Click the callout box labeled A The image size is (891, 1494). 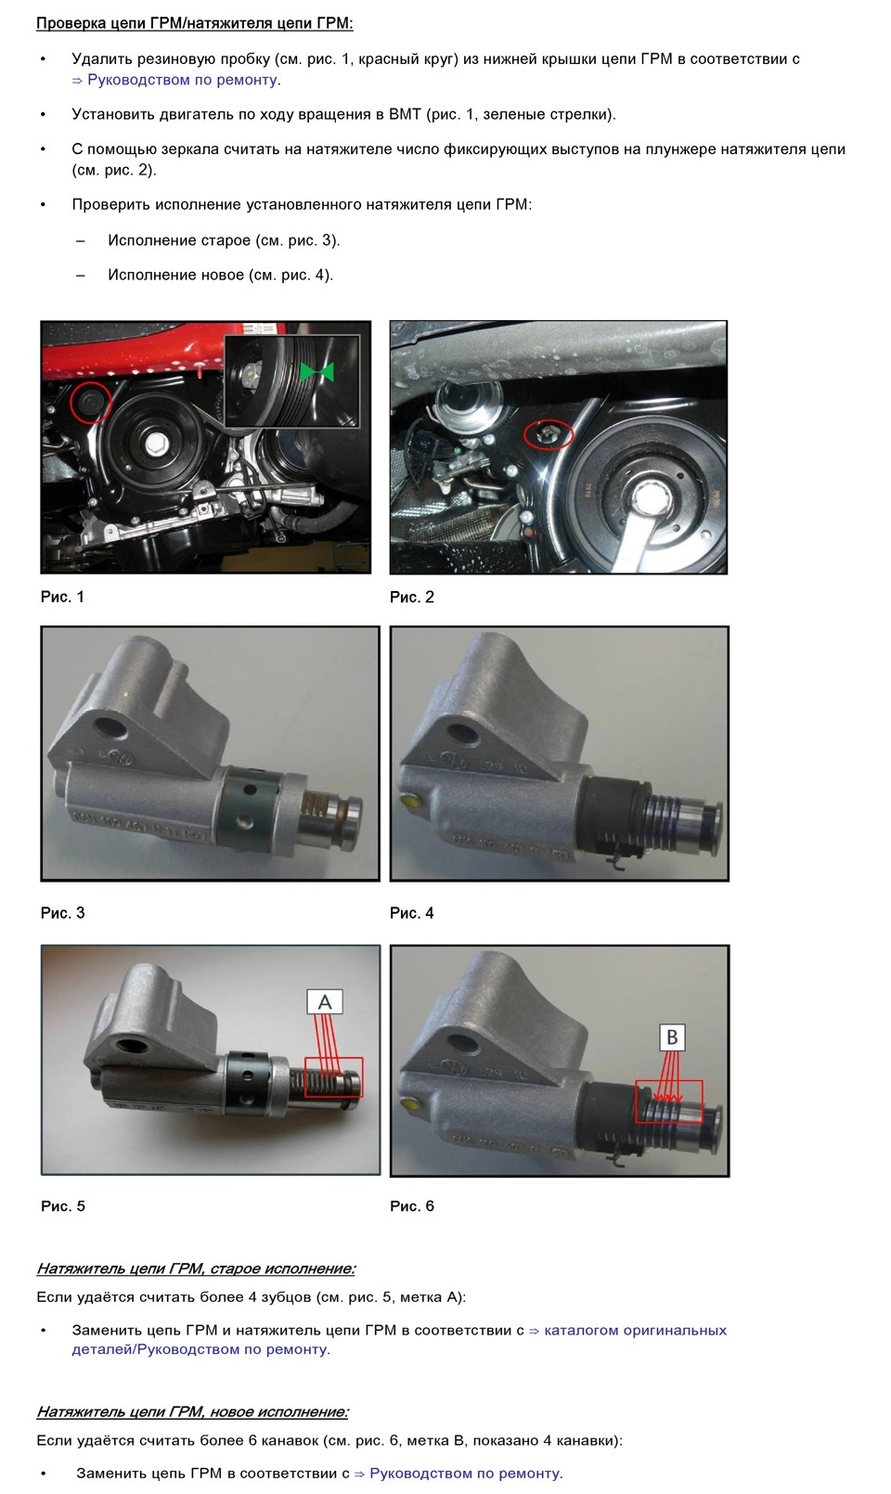click(x=325, y=1002)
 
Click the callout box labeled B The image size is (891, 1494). click(x=672, y=1037)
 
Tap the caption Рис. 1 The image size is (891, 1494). click(x=63, y=597)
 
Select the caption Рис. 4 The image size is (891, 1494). click(x=412, y=913)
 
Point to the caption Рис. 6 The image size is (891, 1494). click(x=412, y=1206)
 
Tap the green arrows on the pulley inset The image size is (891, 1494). click(x=316, y=372)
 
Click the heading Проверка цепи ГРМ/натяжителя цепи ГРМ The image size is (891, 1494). click(x=195, y=23)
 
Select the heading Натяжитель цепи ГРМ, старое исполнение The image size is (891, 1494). click(x=196, y=1268)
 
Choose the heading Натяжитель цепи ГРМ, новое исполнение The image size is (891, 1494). click(x=193, y=1411)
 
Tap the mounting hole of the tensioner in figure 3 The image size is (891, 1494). click(x=111, y=728)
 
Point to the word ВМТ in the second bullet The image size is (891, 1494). click(x=406, y=115)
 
